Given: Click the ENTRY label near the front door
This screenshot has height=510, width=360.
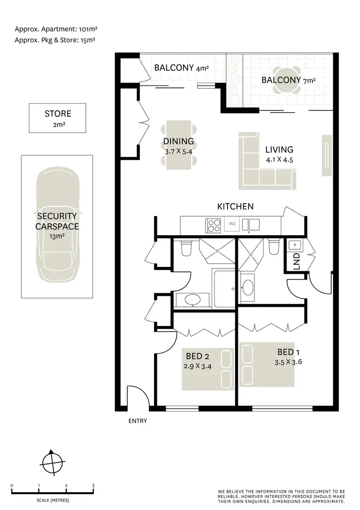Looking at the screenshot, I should click(137, 421).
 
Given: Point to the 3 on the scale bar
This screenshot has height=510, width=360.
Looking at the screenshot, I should click(93, 486).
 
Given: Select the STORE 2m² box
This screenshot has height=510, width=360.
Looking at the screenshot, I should click(58, 118).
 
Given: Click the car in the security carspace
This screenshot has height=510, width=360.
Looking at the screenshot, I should click(58, 226).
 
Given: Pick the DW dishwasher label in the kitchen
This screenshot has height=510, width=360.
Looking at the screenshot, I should click(232, 223).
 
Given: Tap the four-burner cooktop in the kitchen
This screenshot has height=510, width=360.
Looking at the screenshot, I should click(213, 225).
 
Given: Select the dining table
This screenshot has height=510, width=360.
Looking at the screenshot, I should click(179, 144).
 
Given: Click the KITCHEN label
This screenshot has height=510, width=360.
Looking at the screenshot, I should click(235, 206).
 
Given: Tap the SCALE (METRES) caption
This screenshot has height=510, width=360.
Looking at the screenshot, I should click(52, 500).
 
